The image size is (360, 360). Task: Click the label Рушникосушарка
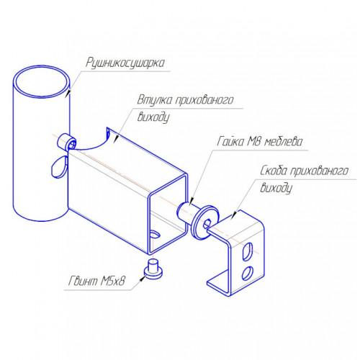tap(125, 63)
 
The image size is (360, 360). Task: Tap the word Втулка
tap(155, 99)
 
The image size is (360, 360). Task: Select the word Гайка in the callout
tap(230, 141)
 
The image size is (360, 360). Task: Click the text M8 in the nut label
tap(253, 142)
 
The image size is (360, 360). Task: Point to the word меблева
tap(283, 142)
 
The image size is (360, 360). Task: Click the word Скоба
tap(274, 171)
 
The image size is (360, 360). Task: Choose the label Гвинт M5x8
tap(96, 281)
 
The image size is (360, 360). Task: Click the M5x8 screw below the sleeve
tap(153, 269)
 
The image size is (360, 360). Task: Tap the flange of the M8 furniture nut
tap(204, 222)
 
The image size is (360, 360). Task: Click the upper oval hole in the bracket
tap(248, 251)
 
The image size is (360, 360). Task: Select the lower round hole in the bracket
tap(247, 273)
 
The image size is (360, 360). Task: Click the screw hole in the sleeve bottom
tap(155, 235)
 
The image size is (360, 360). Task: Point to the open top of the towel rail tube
tap(42, 81)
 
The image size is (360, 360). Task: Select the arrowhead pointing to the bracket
tap(233, 215)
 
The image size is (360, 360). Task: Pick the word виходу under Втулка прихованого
tap(153, 117)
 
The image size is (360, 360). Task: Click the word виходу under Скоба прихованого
tap(276, 188)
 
